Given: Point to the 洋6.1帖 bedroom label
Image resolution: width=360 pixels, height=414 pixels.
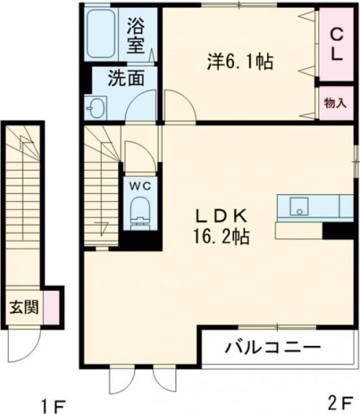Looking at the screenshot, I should click(x=239, y=62).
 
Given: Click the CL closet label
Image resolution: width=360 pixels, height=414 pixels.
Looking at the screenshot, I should click(x=336, y=44).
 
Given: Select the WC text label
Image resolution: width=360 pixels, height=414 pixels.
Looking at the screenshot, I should click(x=142, y=185).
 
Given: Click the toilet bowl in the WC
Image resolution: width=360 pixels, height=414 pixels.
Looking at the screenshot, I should click(x=140, y=211).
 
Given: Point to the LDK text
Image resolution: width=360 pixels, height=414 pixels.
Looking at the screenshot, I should click(x=224, y=216).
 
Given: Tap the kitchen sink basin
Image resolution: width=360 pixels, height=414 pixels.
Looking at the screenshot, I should click(x=299, y=207).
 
